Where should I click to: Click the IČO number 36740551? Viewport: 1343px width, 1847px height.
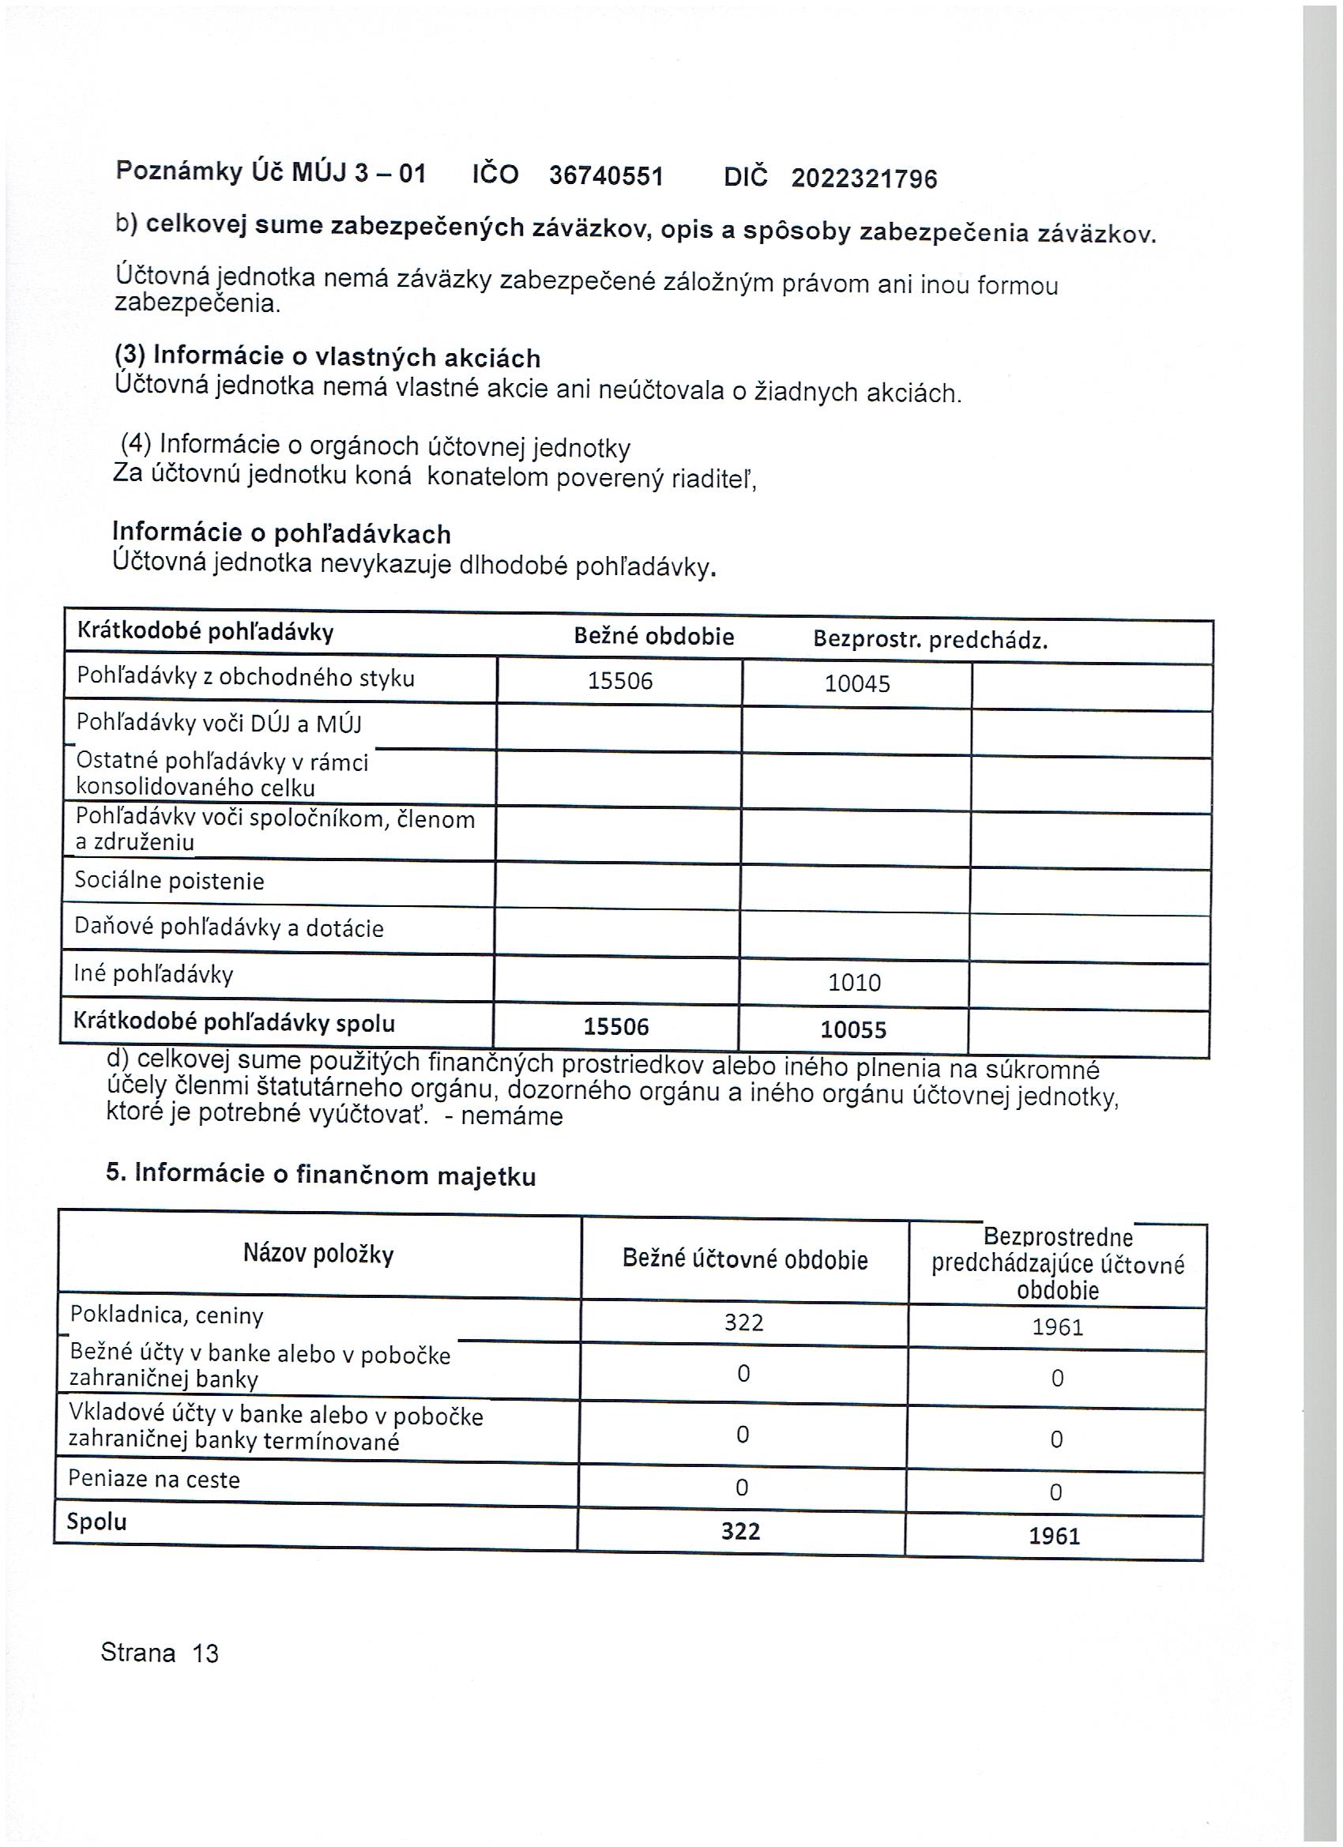(606, 176)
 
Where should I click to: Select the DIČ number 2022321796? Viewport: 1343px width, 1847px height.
(864, 179)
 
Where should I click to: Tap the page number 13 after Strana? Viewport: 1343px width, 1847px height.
(205, 1653)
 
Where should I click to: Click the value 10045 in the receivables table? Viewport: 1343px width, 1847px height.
(857, 683)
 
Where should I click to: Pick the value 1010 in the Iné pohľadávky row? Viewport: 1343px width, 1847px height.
(854, 982)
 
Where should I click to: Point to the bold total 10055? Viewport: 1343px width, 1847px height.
(852, 1029)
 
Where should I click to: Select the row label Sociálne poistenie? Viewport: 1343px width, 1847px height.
(169, 880)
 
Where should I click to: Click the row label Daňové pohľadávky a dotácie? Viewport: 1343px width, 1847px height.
(229, 927)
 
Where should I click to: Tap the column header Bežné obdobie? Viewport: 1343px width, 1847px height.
(654, 636)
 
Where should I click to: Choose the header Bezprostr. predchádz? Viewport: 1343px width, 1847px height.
(930, 640)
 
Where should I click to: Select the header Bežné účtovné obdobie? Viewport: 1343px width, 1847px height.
(745, 1259)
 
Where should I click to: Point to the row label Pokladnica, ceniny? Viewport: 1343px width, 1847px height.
(167, 1315)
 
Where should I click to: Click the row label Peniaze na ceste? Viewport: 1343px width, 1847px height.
(154, 1479)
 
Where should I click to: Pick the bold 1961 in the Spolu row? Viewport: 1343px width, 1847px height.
(1054, 1536)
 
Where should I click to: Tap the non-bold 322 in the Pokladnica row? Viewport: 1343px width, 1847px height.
(743, 1322)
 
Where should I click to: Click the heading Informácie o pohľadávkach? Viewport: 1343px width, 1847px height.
(281, 533)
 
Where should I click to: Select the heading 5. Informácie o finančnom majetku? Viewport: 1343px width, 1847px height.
(321, 1173)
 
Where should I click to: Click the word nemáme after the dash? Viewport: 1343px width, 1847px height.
(511, 1115)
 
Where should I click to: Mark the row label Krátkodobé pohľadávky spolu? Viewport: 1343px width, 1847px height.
(234, 1023)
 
